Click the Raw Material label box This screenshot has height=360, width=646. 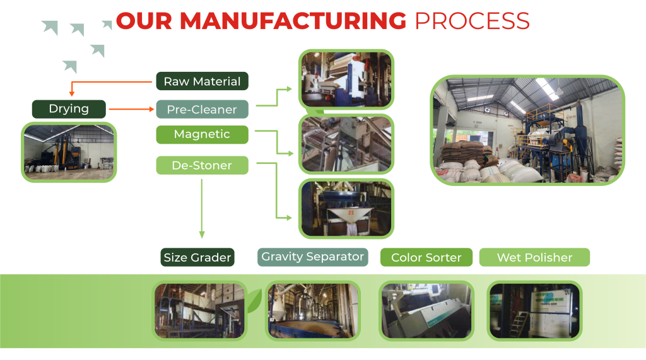(202, 81)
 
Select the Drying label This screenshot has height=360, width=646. (69, 108)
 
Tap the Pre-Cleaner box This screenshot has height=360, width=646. (202, 109)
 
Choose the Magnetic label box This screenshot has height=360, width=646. (202, 134)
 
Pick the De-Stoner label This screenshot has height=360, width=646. (202, 165)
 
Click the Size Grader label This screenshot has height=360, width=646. (197, 257)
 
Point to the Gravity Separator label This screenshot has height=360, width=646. (313, 257)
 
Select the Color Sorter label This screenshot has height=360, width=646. (426, 257)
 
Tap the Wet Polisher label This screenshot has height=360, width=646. (534, 257)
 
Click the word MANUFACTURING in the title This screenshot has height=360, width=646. (293, 21)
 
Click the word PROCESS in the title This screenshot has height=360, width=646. (472, 21)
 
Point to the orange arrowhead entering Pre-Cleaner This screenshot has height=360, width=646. (151, 109)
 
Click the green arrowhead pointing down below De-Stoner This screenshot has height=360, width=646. (202, 235)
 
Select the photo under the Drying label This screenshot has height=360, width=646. (69, 153)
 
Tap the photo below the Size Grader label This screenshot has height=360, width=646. (200, 311)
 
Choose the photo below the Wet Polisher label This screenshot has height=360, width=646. (534, 311)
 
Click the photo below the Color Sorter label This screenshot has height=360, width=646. (426, 311)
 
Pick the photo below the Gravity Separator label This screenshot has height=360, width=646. (313, 311)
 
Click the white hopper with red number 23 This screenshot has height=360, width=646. (351, 215)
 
